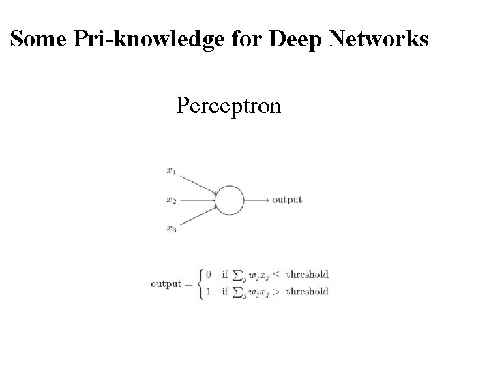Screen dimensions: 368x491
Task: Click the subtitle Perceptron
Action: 228,106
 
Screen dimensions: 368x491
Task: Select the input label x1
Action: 170,171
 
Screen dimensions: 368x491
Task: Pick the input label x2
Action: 170,200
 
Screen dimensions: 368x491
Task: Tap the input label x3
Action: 170,230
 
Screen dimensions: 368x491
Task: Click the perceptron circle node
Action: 230,200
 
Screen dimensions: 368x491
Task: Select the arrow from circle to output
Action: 256,200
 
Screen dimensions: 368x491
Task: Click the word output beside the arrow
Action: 287,200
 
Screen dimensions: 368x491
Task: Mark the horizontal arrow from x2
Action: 198,200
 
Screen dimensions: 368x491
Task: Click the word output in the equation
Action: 166,283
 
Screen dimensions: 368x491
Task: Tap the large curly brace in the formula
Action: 200,283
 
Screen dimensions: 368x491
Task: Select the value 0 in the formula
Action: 208,275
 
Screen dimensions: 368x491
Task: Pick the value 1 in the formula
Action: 208,292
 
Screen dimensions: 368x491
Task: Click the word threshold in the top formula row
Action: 308,275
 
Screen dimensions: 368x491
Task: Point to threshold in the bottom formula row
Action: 308,292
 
